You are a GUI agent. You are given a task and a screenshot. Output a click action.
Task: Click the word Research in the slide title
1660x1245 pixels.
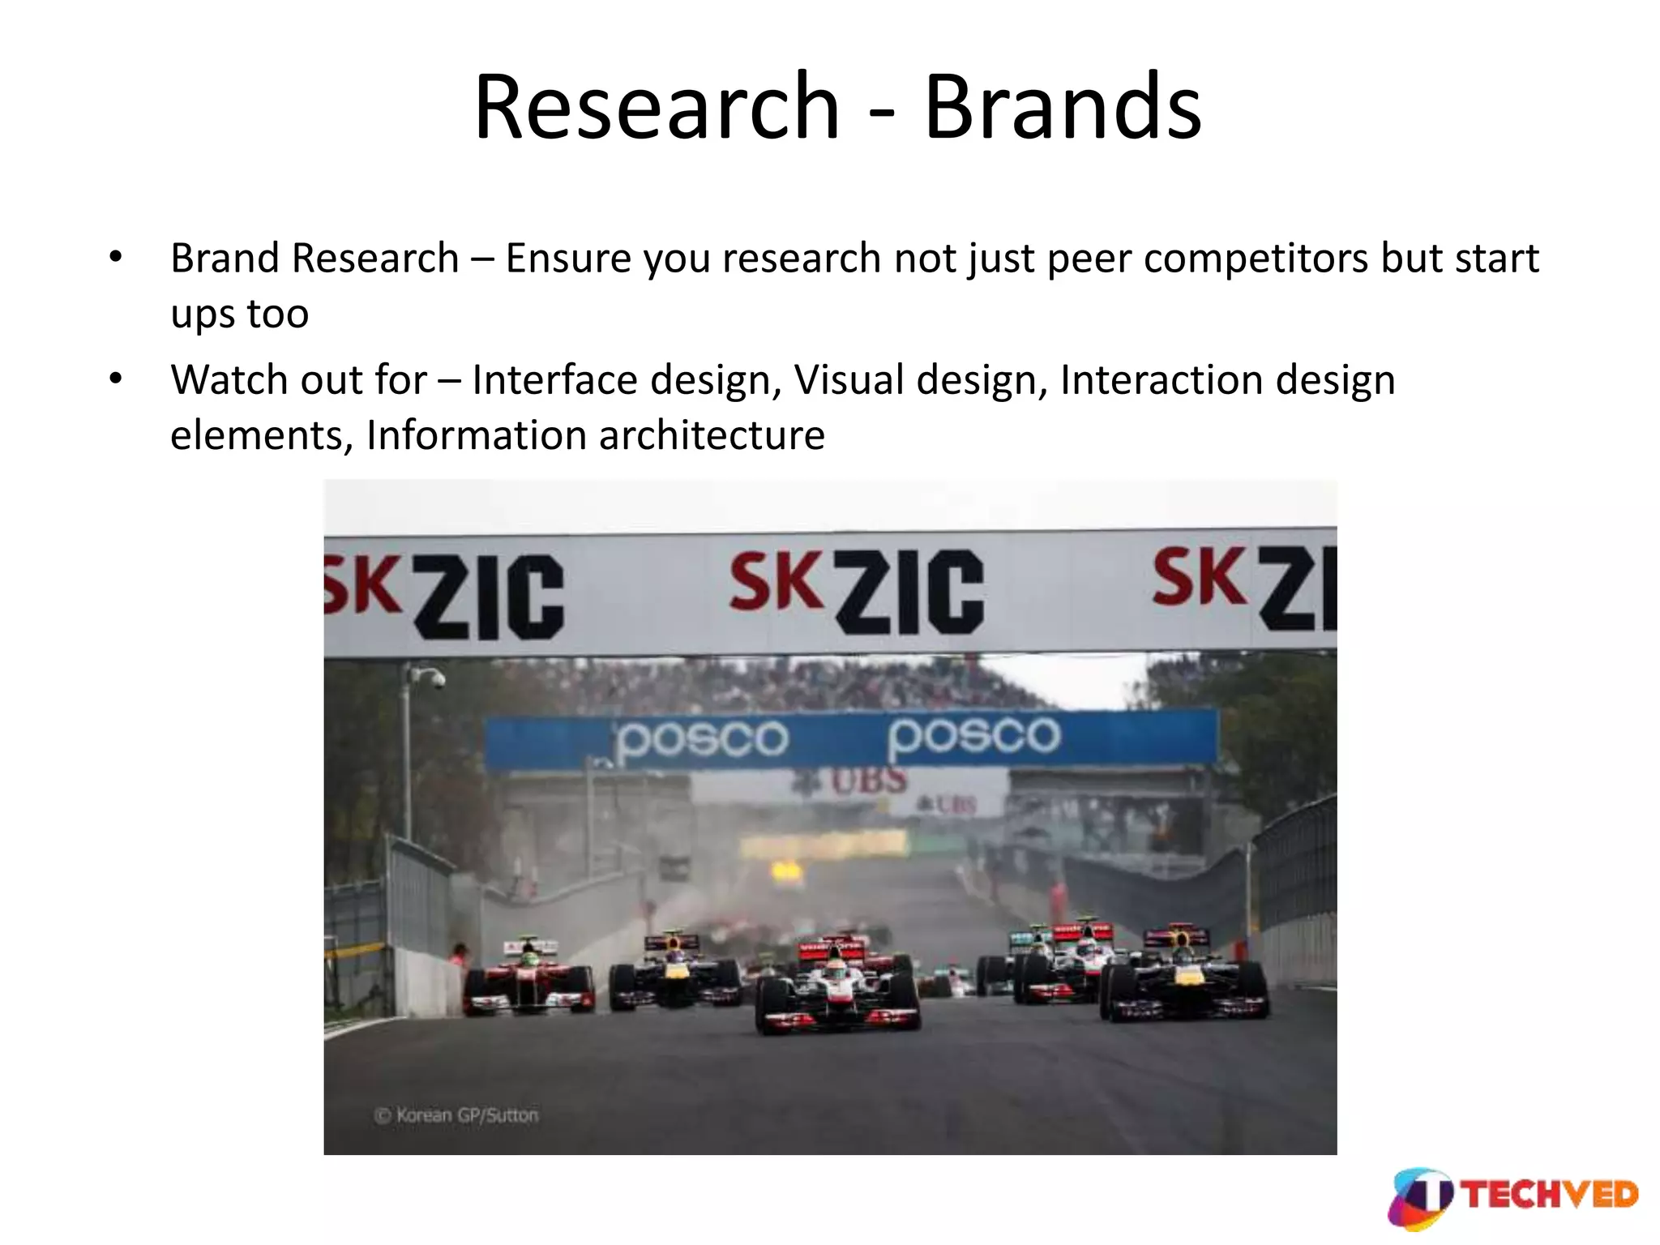657,107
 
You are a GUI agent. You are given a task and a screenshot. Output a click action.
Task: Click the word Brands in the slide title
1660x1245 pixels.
1063,107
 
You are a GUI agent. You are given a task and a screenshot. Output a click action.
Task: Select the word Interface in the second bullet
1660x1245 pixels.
554,380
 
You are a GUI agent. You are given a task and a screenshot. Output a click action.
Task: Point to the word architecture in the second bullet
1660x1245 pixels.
712,435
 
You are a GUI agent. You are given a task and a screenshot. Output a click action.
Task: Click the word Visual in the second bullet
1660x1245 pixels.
848,380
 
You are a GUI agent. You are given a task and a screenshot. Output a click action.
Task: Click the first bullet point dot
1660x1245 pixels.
116,258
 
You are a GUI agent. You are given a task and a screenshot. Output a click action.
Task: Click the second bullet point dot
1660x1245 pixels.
116,379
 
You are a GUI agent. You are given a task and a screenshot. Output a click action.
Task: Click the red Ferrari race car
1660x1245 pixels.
529,982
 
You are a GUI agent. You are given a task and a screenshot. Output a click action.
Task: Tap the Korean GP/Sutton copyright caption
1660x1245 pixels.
456,1115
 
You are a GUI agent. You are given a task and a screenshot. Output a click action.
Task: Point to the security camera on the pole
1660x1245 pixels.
434,678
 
